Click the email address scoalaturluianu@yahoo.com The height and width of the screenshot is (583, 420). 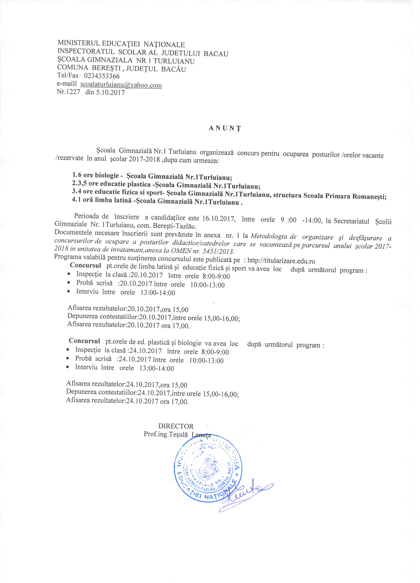point(121,85)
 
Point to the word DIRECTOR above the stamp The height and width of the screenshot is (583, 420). point(176,426)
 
